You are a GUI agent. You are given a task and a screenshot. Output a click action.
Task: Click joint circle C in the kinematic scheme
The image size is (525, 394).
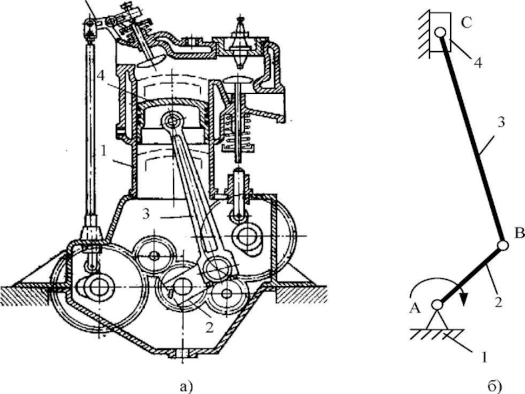point(440,32)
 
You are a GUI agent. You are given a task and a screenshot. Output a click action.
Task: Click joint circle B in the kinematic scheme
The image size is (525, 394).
point(503,246)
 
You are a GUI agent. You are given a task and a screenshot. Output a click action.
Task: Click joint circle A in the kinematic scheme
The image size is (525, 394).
point(437,305)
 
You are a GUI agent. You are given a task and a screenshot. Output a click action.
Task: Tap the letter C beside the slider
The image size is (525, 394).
point(466,23)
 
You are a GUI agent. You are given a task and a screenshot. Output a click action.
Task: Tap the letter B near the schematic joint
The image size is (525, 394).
point(519,233)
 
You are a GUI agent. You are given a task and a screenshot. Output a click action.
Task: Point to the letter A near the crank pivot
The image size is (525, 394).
point(415,308)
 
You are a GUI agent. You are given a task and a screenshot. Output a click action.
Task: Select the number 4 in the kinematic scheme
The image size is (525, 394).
point(478,62)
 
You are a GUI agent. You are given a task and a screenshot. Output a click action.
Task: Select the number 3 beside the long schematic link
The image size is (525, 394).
point(501,122)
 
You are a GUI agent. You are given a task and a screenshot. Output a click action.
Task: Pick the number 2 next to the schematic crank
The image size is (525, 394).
point(499,302)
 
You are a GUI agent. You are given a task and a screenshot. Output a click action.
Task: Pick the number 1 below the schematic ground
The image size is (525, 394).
point(484,357)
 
